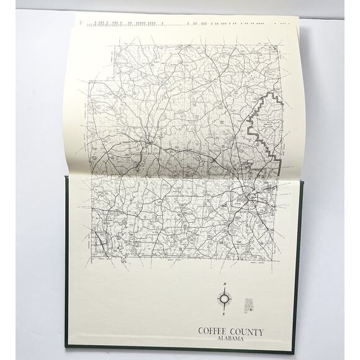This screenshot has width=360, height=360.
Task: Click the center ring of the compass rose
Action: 223,300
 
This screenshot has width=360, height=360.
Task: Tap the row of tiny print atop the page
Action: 186,24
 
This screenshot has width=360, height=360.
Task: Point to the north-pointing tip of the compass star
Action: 223,290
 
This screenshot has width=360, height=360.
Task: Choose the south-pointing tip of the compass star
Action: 223,309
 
